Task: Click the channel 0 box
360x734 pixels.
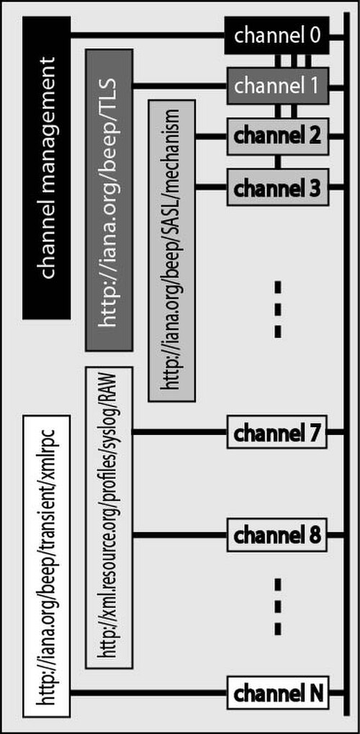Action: tap(276, 36)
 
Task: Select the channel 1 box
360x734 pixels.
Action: tap(278, 86)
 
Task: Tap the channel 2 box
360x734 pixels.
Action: tap(278, 136)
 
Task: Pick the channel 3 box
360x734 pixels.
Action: tap(278, 187)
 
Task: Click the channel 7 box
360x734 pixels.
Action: tap(278, 432)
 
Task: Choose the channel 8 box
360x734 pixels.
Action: tap(278, 535)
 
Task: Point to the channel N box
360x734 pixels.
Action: tap(278, 693)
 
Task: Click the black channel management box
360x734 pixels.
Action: tap(46, 168)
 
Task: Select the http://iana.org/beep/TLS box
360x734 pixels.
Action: tap(109, 200)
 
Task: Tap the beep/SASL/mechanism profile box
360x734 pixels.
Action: tap(172, 250)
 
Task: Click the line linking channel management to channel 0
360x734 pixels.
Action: tap(148, 35)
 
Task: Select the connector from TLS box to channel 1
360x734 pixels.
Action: tap(180, 86)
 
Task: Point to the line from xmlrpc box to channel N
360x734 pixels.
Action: tap(148, 693)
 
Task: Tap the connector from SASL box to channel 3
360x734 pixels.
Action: tap(211, 187)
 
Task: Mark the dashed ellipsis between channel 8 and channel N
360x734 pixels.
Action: tap(278, 607)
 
